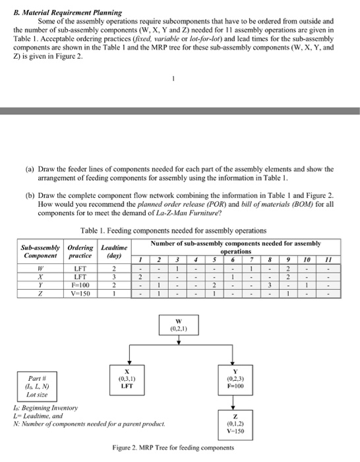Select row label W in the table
coord(40,268)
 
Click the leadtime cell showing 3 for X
coord(113,278)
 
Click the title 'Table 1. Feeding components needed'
coord(173,230)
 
